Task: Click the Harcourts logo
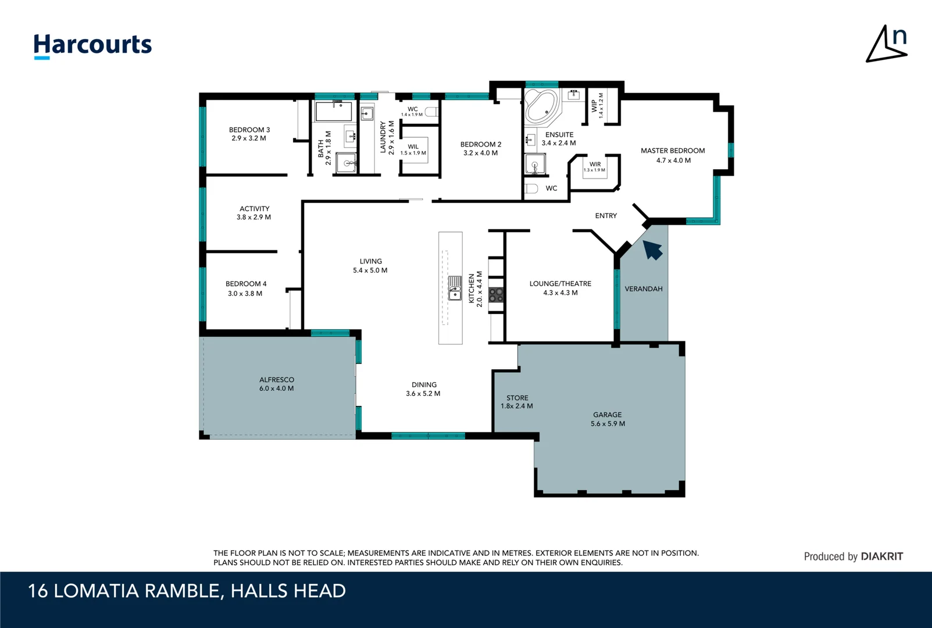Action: tap(93, 46)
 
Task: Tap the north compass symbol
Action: tap(887, 44)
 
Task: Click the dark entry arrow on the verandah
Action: tap(652, 250)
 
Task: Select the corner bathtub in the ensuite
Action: tap(541, 106)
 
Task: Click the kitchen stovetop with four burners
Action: tap(496, 295)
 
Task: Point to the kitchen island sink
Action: tap(454, 288)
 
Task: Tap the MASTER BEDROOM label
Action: tap(673, 155)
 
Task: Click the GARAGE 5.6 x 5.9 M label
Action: tap(608, 419)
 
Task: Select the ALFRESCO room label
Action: tap(277, 384)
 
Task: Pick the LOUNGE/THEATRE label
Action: tap(560, 288)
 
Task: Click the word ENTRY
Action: tap(606, 216)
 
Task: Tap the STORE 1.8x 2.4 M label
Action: tap(517, 402)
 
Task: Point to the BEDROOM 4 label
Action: tap(246, 288)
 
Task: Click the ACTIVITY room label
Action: tap(254, 213)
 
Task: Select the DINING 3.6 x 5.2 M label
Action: tap(424, 389)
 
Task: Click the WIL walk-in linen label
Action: tap(413, 149)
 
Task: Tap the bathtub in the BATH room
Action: tap(333, 111)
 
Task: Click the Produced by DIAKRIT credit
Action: tap(854, 556)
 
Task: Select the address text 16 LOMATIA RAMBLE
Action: tap(123, 591)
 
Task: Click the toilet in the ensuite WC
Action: tap(531, 188)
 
